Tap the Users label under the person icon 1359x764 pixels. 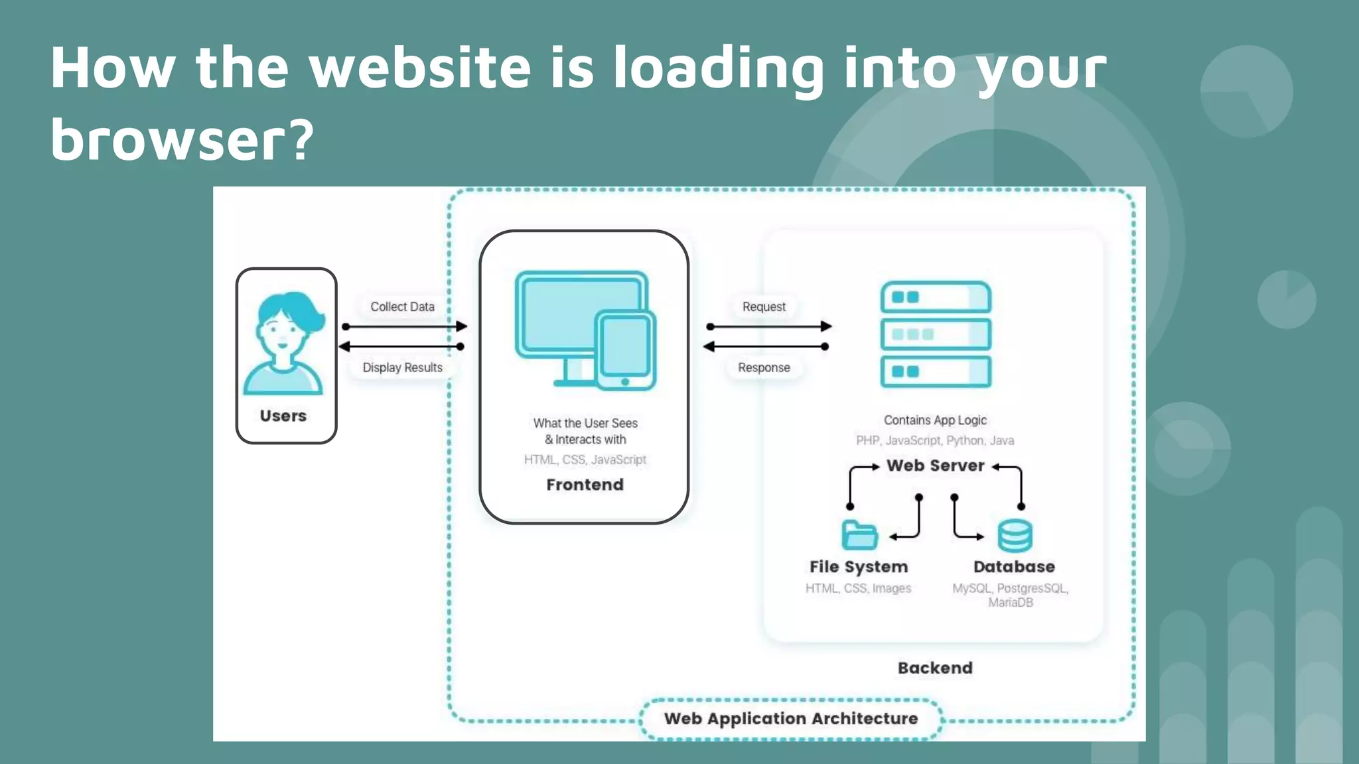[x=283, y=416]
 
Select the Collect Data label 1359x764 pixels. [x=402, y=307]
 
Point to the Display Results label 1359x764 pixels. [x=402, y=367]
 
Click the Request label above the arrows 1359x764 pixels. [x=764, y=307]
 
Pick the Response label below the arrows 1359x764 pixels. [x=764, y=367]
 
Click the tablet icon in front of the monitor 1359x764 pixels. [x=625, y=350]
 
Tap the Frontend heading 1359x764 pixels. [x=585, y=485]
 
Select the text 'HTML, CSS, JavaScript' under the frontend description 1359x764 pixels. [x=585, y=460]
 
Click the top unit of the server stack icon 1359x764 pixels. [x=936, y=297]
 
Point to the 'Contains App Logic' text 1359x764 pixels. [x=935, y=420]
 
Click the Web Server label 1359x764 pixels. [x=935, y=466]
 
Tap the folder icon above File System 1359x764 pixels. [x=859, y=535]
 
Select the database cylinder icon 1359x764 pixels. [x=1015, y=536]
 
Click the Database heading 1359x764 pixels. [x=1014, y=567]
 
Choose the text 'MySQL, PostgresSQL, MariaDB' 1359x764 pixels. [x=1011, y=595]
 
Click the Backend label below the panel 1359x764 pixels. [x=935, y=668]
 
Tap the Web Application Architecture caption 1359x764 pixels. [x=791, y=719]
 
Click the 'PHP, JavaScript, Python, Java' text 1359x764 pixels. [x=935, y=440]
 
